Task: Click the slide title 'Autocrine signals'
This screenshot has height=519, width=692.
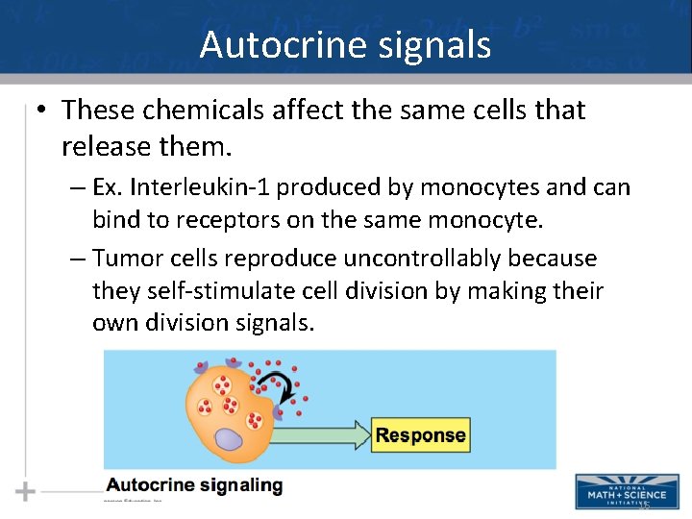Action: pyautogui.click(x=345, y=45)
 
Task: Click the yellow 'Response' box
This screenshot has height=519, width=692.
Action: pyautogui.click(x=420, y=434)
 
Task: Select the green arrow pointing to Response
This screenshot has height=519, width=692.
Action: pyautogui.click(x=327, y=434)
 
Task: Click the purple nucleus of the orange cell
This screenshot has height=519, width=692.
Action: pyautogui.click(x=229, y=439)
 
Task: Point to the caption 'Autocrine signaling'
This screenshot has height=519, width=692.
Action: pyautogui.click(x=194, y=485)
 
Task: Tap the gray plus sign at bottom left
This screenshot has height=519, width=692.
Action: pyautogui.click(x=26, y=492)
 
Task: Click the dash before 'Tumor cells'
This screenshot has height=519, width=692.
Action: pyautogui.click(x=78, y=259)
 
